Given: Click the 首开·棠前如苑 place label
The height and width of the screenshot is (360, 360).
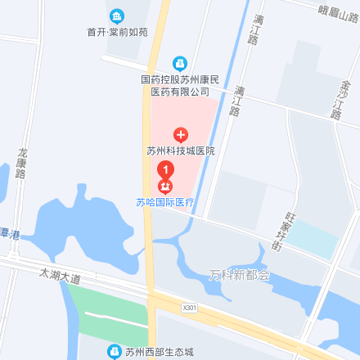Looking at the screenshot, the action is tap(118, 32).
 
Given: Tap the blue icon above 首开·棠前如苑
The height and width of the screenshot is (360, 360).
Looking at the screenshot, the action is tap(118, 15).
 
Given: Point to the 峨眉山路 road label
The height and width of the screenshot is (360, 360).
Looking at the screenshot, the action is tap(338, 11).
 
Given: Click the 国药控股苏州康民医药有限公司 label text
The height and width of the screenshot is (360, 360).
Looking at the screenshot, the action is tap(180, 87).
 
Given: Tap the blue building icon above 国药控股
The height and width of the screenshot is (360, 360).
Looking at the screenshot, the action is tap(180, 63).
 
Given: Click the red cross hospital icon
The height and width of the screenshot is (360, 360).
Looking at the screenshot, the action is tap(180, 133).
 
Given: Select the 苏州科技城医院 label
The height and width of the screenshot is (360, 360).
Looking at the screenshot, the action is tap(180, 151).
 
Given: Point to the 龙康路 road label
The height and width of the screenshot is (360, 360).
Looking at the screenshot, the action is tap(22, 163).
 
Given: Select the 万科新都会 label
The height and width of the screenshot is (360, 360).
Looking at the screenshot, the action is tap(239, 275).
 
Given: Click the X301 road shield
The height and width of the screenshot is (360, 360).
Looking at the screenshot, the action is tap(190, 308).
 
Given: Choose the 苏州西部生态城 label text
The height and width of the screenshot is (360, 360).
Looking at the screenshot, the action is tap(160, 353).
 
